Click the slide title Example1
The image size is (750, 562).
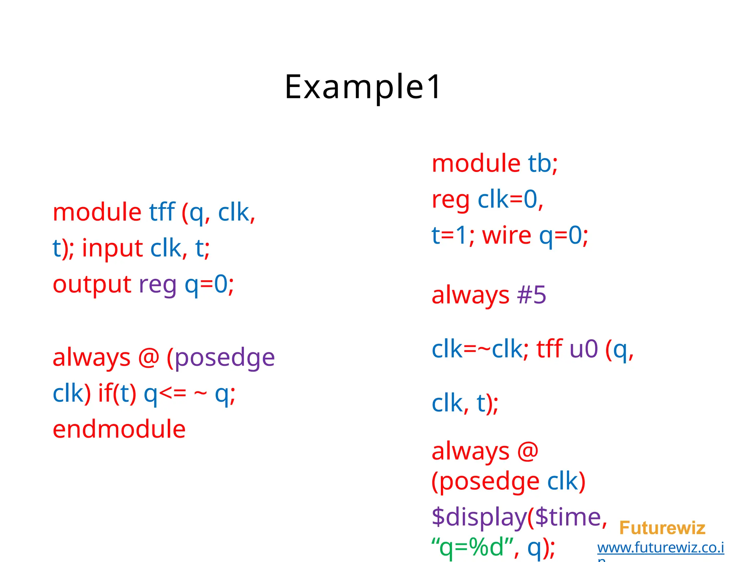tap(363, 87)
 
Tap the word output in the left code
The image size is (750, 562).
tap(92, 284)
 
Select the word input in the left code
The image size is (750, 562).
tap(112, 248)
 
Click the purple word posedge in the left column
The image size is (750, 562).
tap(224, 357)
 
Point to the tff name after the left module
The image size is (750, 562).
tap(162, 212)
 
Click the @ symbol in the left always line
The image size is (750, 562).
tap(149, 357)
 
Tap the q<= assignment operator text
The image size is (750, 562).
tap(165, 394)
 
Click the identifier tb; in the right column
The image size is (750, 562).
tap(542, 163)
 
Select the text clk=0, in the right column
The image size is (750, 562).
tap(510, 199)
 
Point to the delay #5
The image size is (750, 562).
tap(531, 295)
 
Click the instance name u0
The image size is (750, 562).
tap(584, 349)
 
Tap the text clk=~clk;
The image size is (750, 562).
tap(480, 349)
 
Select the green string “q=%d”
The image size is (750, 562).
tap(472, 547)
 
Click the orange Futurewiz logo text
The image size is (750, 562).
tap(662, 528)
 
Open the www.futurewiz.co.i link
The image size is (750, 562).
tap(660, 548)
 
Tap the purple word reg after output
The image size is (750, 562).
tap(157, 284)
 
